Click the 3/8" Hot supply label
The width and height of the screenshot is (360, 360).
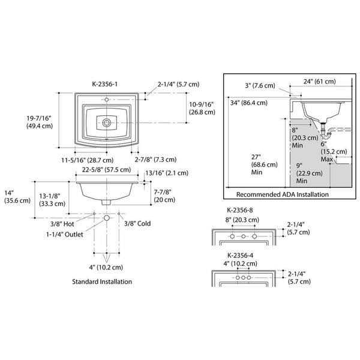(79, 223)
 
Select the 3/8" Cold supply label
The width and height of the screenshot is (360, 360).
(137, 223)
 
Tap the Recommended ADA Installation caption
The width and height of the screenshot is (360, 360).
(283, 194)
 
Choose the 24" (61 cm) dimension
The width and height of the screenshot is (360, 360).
(319, 81)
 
